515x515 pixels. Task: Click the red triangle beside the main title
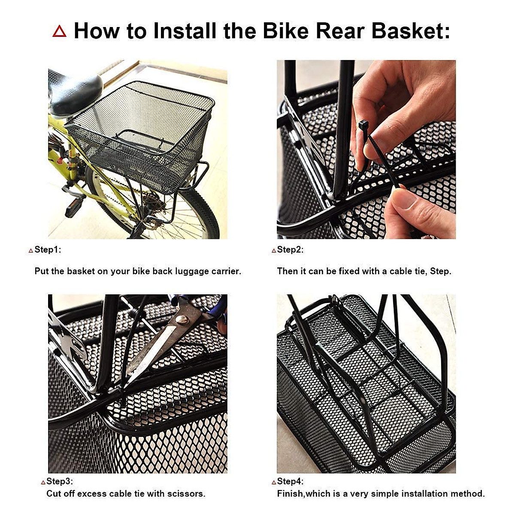60,31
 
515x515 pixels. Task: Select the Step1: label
47,250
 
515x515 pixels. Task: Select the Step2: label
290,250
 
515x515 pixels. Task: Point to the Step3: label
59,481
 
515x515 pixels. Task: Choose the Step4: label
290,481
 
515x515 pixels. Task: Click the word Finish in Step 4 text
290,494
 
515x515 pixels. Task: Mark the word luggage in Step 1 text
191,271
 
